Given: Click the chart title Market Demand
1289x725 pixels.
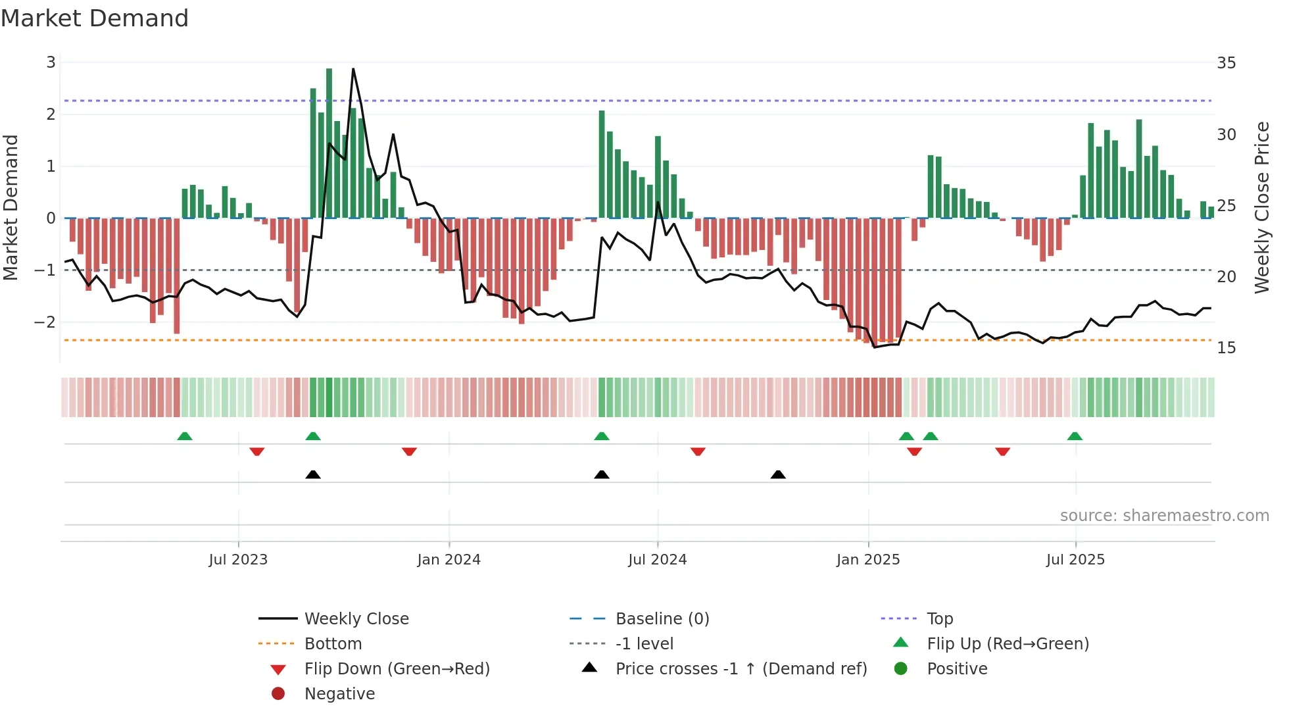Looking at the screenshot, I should point(95,18).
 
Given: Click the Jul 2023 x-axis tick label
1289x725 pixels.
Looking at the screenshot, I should point(238,560).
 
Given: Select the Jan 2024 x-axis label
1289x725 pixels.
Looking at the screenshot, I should point(449,560).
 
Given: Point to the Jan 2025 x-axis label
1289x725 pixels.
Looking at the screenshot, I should point(868,560).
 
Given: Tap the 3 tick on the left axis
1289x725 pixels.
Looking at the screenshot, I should point(51,63).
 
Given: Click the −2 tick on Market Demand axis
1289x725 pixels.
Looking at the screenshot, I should point(45,322).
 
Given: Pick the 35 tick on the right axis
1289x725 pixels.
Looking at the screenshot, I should point(1226,63).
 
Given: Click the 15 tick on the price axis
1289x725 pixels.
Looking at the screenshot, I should point(1226,348).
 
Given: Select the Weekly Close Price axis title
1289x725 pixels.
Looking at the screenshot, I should point(1261,207).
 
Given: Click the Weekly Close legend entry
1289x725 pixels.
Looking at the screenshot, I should point(356,619).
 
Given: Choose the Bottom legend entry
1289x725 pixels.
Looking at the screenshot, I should point(333,644).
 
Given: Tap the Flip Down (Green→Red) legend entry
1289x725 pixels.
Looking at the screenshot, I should point(397,669).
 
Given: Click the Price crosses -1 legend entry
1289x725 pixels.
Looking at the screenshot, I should point(741,669).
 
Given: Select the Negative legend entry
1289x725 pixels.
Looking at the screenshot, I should point(339,694).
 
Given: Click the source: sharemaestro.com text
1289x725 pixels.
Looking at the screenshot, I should point(1164,516).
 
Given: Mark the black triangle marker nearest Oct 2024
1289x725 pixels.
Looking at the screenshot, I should point(778,475).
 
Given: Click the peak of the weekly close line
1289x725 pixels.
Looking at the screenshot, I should point(353,68).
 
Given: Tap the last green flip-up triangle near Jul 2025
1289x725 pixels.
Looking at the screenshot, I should point(1075,437).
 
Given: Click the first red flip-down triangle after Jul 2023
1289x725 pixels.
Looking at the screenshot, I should point(257,451).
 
